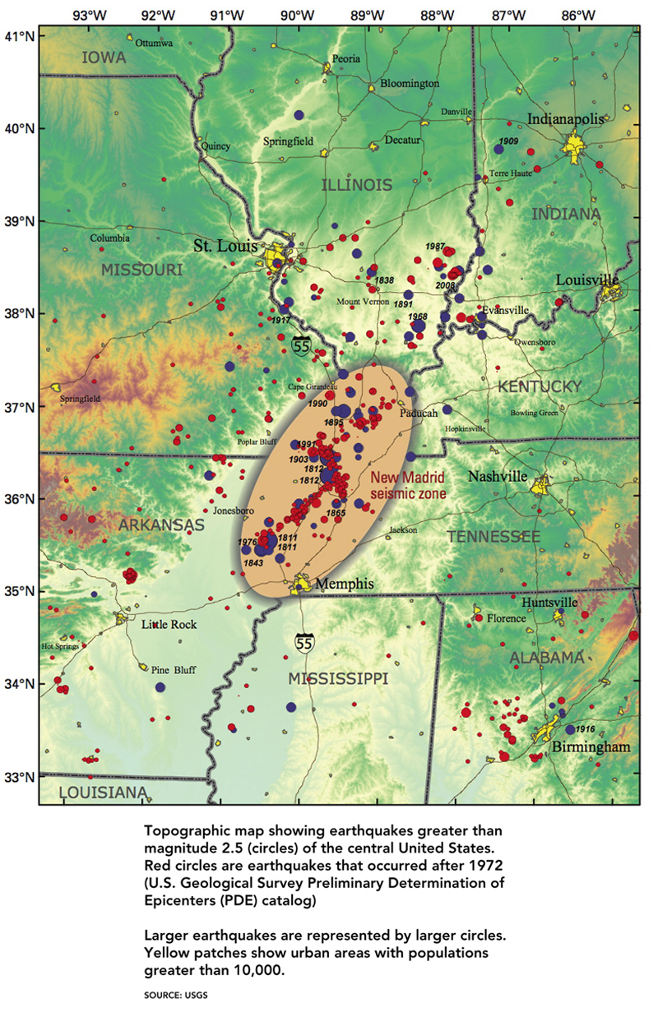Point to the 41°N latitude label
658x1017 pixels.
click(18, 36)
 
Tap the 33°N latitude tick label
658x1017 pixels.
click(18, 776)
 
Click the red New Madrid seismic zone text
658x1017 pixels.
click(407, 486)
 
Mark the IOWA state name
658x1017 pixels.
click(103, 58)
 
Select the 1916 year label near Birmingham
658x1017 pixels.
click(585, 729)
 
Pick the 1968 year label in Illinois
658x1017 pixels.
click(418, 316)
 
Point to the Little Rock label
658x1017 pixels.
click(169, 625)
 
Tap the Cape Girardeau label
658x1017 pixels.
click(312, 386)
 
